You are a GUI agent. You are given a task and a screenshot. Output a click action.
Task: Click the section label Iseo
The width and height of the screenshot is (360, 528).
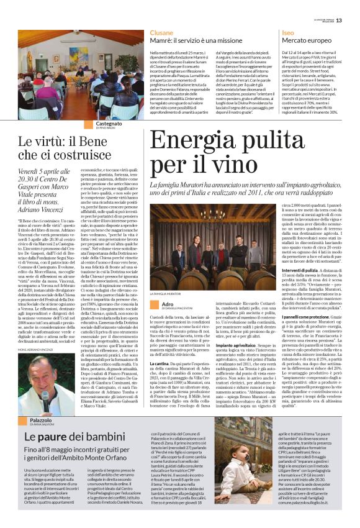(x=287, y=31)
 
